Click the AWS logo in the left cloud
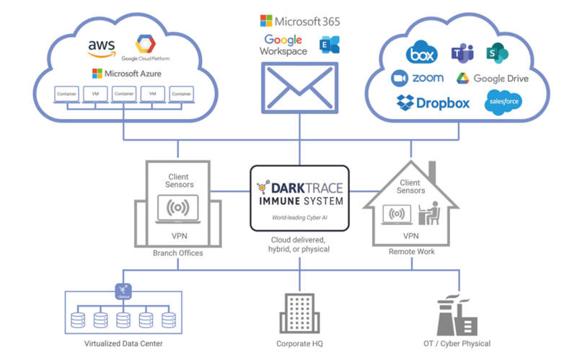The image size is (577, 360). point(101,48)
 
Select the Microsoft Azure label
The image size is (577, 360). point(127,74)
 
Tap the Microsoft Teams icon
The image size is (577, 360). point(461,53)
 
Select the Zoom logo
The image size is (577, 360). point(418,78)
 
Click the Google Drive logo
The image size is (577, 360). point(491,79)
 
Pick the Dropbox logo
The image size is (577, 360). point(433,103)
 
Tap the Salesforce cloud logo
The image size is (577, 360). point(503,102)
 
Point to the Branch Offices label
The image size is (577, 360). point(178,254)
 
